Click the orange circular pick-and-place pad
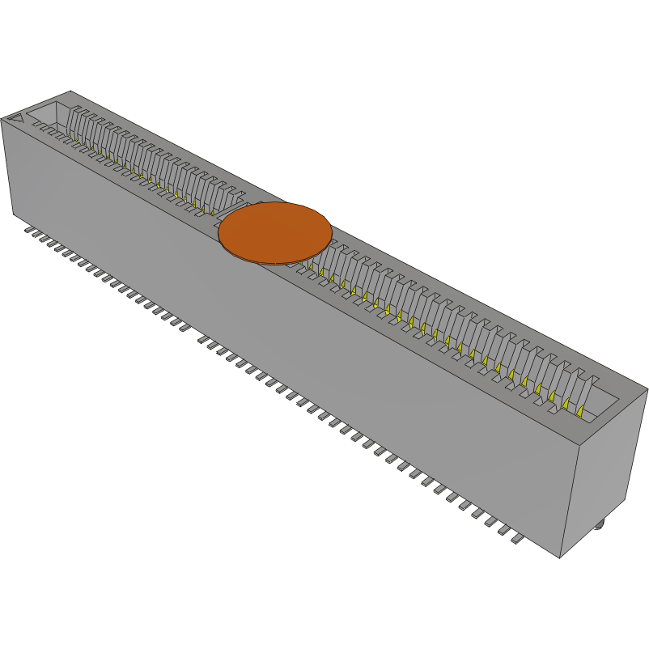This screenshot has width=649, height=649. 274,232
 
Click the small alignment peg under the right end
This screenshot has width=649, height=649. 599,526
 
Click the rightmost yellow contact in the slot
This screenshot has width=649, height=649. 581,412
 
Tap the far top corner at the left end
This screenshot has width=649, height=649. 71,91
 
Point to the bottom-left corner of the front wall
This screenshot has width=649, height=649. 14,214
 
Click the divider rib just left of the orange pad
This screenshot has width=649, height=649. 238,197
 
